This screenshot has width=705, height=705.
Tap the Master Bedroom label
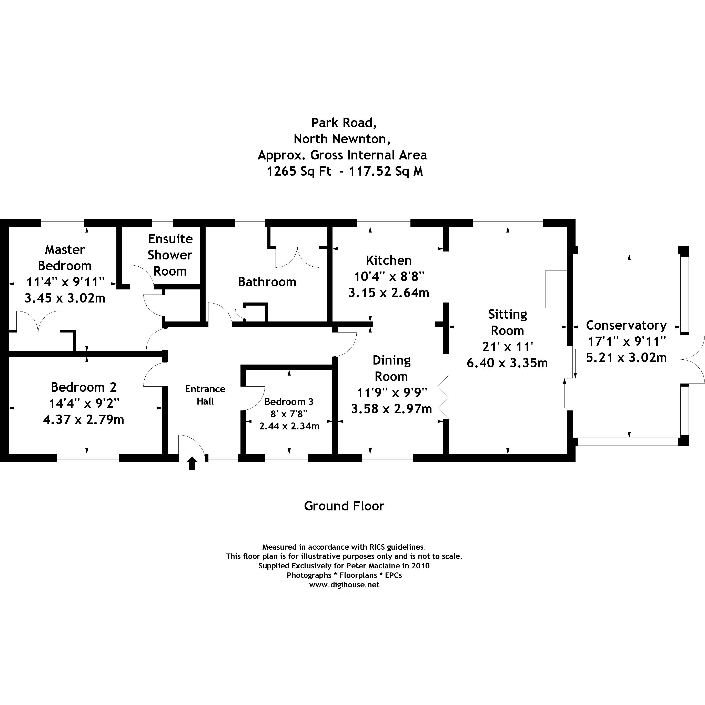click(65, 258)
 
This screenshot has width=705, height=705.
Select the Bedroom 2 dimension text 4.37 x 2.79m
click(84, 420)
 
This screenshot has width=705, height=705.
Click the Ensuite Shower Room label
click(170, 255)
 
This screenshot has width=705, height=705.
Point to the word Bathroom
click(267, 282)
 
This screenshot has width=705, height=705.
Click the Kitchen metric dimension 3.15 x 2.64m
click(389, 293)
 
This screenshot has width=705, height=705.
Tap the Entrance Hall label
click(205, 395)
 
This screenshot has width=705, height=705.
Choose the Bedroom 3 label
click(289, 402)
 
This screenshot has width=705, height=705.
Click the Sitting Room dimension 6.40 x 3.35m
click(507, 363)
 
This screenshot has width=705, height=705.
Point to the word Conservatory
click(626, 325)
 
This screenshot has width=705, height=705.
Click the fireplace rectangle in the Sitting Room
click(556, 289)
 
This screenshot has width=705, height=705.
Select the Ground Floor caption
click(344, 506)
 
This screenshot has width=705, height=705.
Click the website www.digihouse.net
click(344, 585)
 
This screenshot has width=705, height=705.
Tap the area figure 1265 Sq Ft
click(299, 171)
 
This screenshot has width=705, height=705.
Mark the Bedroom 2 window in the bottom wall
click(88, 458)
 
